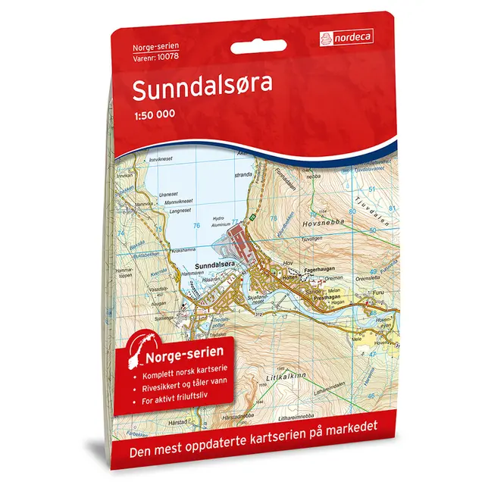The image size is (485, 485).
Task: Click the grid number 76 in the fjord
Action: click(196, 225)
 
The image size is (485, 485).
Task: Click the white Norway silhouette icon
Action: click(139, 350)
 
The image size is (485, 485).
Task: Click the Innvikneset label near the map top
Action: click(165, 160)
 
